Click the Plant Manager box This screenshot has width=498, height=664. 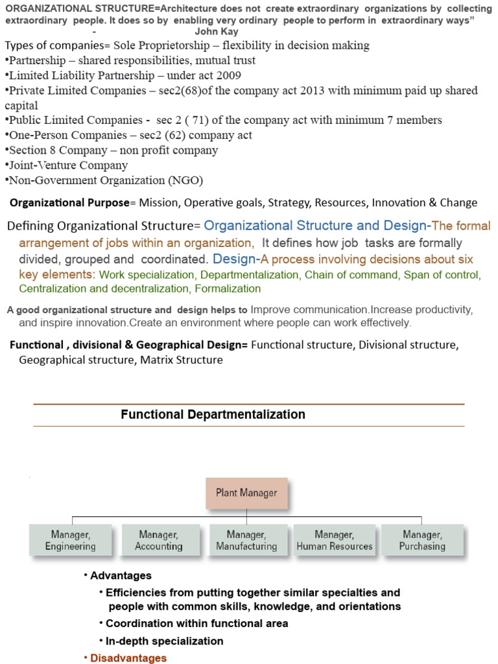[246, 493]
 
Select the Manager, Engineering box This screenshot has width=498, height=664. [71, 540]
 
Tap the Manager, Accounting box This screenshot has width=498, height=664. [159, 540]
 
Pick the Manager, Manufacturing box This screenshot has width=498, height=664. [246, 540]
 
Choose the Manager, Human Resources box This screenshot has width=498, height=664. [334, 540]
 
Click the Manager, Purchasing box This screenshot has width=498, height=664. [422, 540]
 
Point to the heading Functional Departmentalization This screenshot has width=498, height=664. [213, 414]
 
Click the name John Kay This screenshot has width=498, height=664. [217, 31]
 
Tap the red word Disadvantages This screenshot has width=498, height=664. [128, 658]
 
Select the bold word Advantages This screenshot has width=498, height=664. [121, 575]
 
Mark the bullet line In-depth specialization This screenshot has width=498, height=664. [164, 641]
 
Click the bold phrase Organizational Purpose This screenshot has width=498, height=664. [69, 202]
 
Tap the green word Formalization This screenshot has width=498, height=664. [228, 289]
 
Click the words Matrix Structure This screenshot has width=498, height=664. [182, 359]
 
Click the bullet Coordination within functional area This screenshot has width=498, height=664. [196, 623]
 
